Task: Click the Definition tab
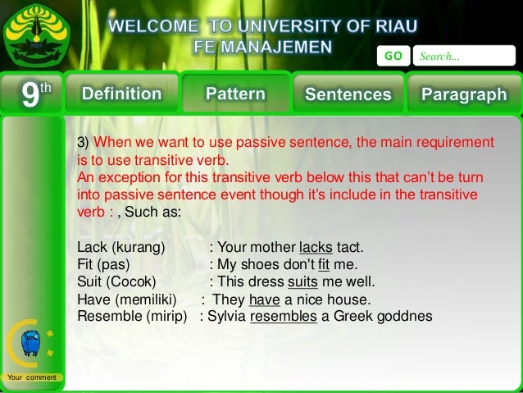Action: (121, 94)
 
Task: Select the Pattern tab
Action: (235, 94)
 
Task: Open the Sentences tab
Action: (348, 94)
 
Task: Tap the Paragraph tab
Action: (463, 94)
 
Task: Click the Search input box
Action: (462, 57)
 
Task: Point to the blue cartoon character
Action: (32, 344)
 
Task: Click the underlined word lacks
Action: (316, 247)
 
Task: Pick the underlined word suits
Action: (302, 282)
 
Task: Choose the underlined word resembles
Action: (283, 317)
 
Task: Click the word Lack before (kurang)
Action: (91, 247)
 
